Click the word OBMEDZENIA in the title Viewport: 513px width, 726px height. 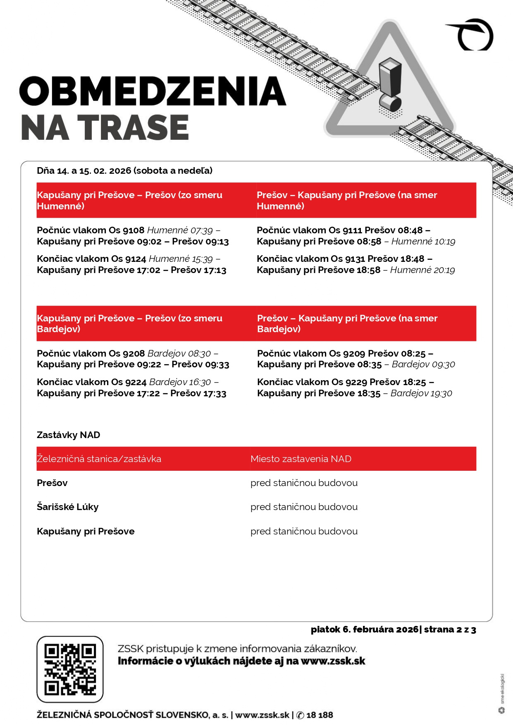pos(153,91)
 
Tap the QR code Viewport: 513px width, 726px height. pos(70,669)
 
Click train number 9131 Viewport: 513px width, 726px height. pos(353,259)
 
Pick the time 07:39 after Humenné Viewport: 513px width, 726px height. pos(201,230)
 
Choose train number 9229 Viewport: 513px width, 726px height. pos(356,382)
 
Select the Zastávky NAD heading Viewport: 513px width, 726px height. pos(69,435)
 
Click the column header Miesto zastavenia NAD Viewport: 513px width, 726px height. pos(301,459)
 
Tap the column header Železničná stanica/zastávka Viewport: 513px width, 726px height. pos(99,459)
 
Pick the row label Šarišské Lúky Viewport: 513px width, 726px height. pos(68,507)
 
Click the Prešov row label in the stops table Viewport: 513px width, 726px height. pos(52,483)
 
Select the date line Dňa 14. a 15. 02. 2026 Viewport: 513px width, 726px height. pos(124,171)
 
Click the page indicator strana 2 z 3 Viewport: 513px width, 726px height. pos(450,630)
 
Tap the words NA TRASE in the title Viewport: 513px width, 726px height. pos(105,127)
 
